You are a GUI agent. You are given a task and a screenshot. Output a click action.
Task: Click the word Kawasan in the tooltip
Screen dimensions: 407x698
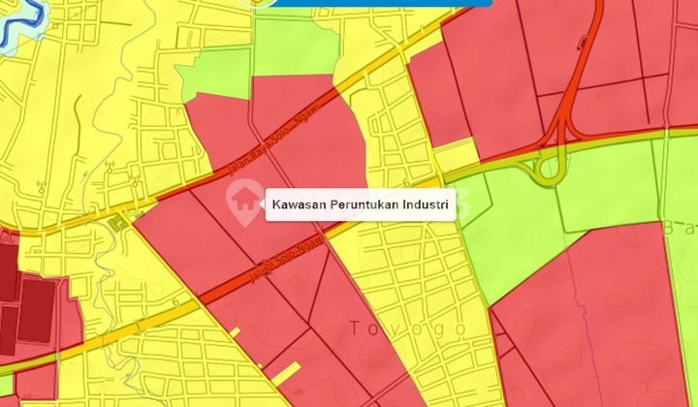[298, 204]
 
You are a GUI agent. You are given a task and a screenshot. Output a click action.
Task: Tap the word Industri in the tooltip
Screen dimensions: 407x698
[427, 204]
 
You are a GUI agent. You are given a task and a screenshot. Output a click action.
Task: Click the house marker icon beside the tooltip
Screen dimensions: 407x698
[242, 199]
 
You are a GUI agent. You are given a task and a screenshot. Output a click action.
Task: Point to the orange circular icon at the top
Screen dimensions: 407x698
[258, 3]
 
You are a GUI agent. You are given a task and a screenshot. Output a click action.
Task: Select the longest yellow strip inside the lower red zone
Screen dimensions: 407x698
[286, 374]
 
